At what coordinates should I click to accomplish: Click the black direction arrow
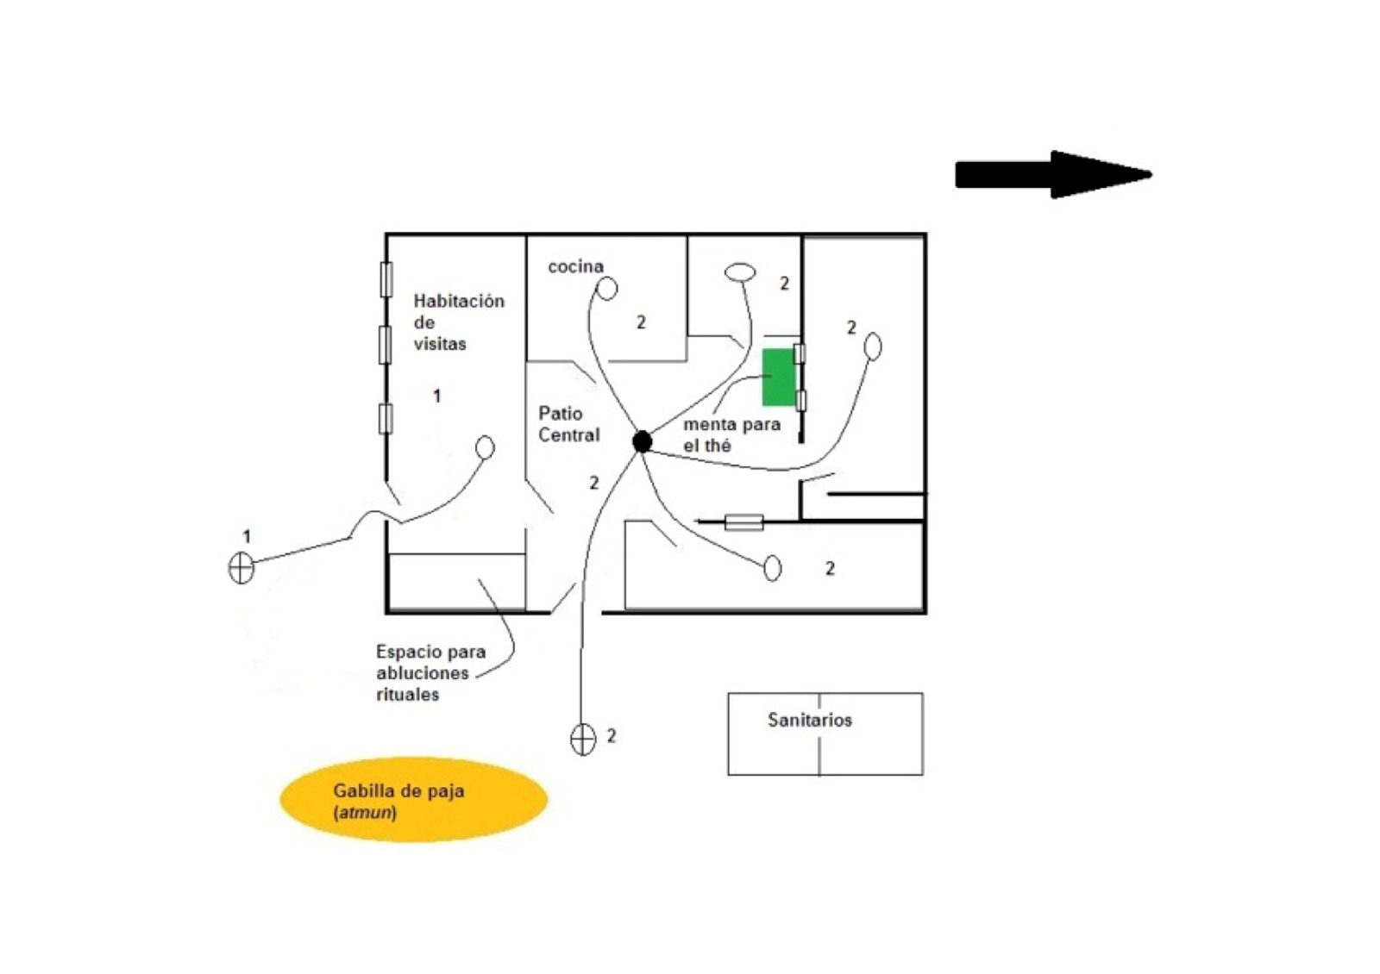coord(1052,174)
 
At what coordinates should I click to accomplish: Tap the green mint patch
coord(778,378)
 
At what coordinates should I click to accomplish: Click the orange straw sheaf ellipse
coord(413,799)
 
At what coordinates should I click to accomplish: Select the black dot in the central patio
coord(642,441)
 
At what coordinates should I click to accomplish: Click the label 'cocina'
coord(575,266)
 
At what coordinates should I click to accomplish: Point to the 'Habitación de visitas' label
coord(457,322)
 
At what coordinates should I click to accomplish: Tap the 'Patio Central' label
coord(568,424)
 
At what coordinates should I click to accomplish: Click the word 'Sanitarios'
coord(809,720)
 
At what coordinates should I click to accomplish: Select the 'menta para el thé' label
coord(731,434)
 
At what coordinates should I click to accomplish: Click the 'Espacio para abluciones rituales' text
coord(430,673)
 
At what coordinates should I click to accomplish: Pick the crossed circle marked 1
coord(241,568)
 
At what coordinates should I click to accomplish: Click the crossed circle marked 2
coord(583,739)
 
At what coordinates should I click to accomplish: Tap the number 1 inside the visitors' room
coord(436,396)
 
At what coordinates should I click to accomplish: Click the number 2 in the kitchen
coord(641,322)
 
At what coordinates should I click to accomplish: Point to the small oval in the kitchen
coord(608,289)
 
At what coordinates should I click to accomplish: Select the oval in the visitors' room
coord(486,447)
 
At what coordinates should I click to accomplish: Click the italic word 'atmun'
coord(365,812)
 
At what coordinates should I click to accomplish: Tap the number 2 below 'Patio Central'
coord(593,483)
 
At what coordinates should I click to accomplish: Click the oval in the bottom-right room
coord(773,568)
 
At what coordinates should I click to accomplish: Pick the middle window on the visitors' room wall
coord(386,344)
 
